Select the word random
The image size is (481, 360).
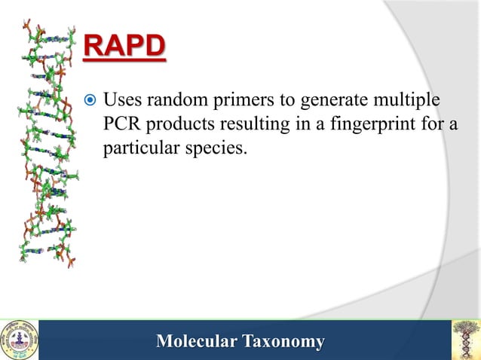point(175,99)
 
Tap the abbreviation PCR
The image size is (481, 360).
point(121,124)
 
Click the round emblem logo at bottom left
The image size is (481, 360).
point(19,340)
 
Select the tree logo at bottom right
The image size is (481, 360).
point(464,340)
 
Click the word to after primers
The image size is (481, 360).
point(286,100)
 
